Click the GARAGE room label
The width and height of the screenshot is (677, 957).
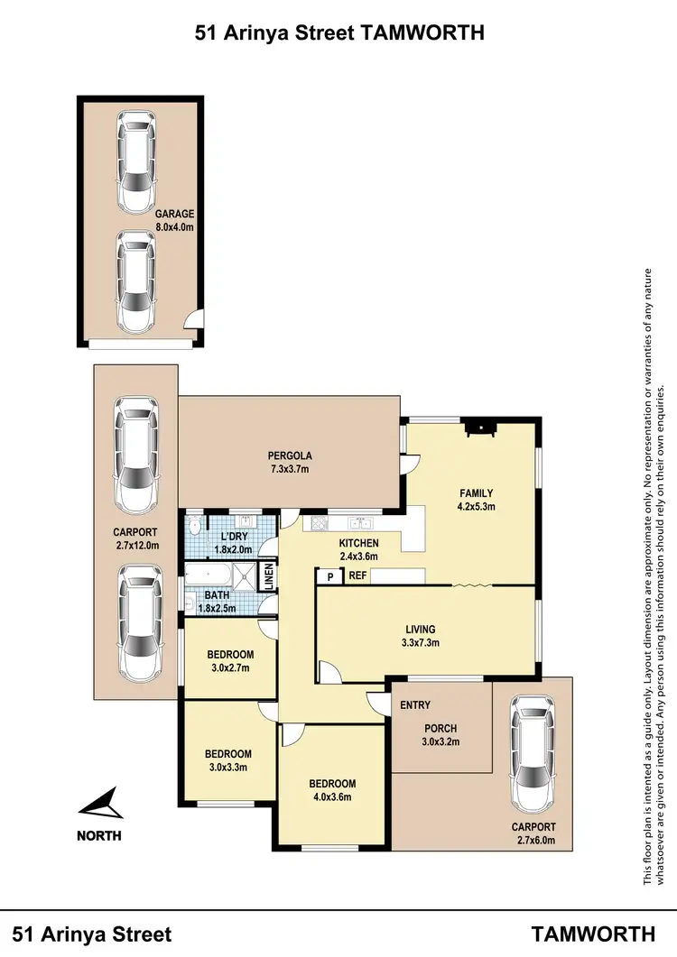174,214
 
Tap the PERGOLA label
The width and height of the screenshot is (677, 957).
290,455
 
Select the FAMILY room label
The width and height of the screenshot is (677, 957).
476,492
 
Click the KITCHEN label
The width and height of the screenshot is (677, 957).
358,543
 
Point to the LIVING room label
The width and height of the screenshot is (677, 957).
420,629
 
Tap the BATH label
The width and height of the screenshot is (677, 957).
216,595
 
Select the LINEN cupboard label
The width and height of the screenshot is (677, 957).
268,577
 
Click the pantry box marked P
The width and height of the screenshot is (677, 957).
329,576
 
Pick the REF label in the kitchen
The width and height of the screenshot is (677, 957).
357,576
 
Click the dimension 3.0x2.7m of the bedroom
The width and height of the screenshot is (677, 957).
229,668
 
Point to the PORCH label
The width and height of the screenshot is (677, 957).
441,729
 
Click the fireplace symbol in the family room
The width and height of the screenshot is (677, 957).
479,428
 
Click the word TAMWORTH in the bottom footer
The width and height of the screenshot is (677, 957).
593,933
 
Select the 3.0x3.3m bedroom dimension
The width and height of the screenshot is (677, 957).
227,768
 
